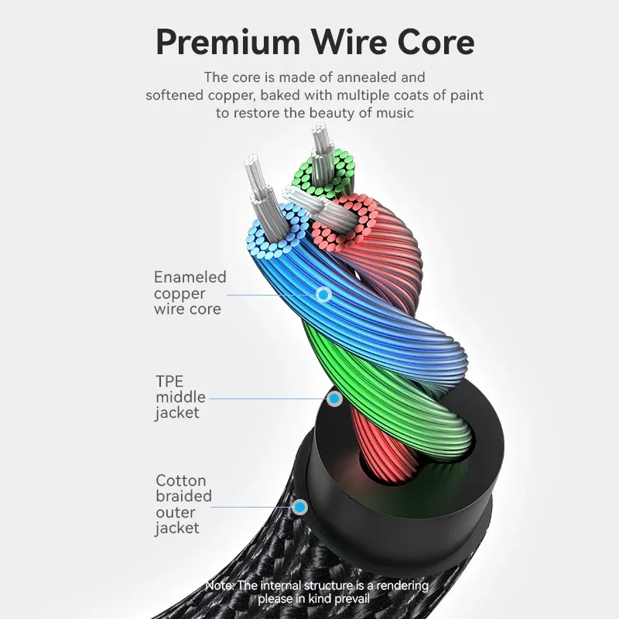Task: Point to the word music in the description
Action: pyautogui.click(x=395, y=113)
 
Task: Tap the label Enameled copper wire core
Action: pyautogui.click(x=190, y=293)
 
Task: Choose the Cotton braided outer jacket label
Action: pyautogui.click(x=183, y=504)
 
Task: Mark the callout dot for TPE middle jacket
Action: pyautogui.click(x=334, y=398)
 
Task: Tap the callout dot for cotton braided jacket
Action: pyautogui.click(x=299, y=508)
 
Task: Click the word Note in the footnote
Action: pyautogui.click(x=220, y=586)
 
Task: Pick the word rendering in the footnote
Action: pyautogui.click(x=391, y=586)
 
